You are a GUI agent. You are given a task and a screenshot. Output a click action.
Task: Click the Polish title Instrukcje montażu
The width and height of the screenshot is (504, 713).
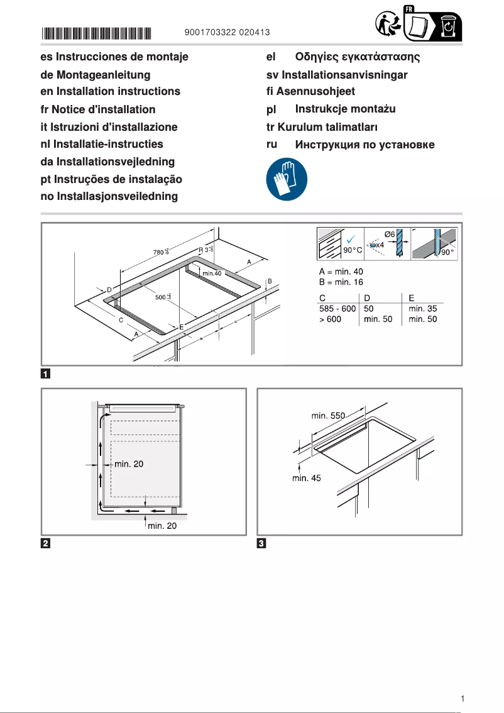point(345,109)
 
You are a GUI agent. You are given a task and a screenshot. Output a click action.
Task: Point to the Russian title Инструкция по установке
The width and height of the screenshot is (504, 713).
point(364,145)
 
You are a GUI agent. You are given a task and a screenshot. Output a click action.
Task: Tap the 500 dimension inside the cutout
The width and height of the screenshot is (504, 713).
point(163,297)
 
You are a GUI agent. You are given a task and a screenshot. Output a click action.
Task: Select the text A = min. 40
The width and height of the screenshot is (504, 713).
point(342,272)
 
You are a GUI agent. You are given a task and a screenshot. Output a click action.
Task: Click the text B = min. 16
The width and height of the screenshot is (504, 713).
point(342,282)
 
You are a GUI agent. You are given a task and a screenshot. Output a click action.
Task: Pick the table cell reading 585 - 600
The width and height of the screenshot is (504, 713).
point(337,309)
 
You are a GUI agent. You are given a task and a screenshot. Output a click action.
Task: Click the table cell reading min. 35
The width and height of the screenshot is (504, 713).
point(422,309)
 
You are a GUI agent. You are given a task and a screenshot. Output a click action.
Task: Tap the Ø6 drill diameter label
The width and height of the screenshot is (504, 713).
point(389,234)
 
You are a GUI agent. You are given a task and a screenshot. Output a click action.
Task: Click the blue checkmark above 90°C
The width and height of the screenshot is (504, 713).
point(351,239)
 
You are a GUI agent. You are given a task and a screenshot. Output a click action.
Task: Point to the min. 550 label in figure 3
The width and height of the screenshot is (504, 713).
point(328,416)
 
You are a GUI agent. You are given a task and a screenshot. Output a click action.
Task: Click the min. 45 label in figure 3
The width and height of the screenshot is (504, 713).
point(306,478)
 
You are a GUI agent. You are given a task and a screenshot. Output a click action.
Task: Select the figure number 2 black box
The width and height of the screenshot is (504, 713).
point(46,543)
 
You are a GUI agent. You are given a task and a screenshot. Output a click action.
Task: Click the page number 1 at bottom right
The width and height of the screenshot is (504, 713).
point(462,699)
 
